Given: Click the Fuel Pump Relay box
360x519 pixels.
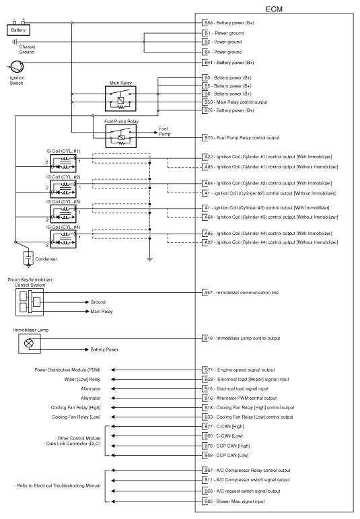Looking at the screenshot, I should coord(119,137).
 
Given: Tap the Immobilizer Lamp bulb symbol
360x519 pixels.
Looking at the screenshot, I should coord(29,343).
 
